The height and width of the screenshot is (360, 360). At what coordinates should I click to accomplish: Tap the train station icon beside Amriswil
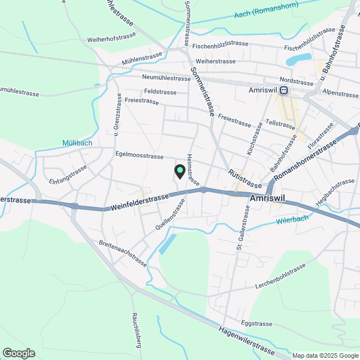click(x=285, y=90)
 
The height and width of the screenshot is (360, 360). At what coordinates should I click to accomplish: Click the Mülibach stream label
click(x=77, y=143)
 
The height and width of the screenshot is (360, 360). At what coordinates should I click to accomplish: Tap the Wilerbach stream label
click(x=292, y=220)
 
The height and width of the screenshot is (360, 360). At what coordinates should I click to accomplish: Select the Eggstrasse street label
click(x=256, y=324)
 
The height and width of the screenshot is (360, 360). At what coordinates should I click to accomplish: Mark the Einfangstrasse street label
click(x=68, y=174)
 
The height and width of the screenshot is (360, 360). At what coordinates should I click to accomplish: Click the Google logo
click(x=19, y=353)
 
